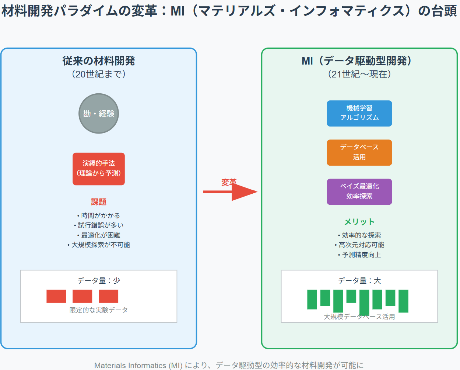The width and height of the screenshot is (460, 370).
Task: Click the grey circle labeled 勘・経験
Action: [99, 114]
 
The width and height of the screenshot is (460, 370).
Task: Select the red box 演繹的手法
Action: [99, 169]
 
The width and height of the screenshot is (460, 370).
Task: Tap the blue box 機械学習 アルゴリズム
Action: [359, 113]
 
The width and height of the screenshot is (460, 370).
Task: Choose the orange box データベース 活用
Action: [359, 152]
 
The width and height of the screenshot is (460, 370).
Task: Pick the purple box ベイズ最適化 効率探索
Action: [359, 191]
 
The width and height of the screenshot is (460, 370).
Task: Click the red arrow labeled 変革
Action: [230, 191]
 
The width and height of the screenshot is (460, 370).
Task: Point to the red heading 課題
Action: [99, 202]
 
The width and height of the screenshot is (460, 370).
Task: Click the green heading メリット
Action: [359, 222]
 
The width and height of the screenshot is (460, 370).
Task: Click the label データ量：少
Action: [99, 281]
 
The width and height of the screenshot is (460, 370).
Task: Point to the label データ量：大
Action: [359, 281]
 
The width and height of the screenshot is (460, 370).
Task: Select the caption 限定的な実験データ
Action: [99, 310]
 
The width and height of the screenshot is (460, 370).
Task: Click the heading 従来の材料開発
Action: [99, 61]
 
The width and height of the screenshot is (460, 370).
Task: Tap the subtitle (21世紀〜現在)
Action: [359, 74]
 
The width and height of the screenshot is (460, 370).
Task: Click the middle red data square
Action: [82, 296]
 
